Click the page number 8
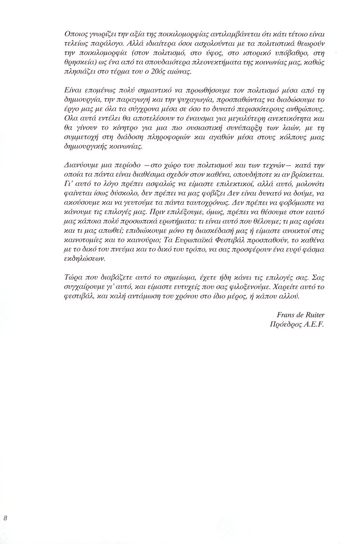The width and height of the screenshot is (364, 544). pos(5,518)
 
